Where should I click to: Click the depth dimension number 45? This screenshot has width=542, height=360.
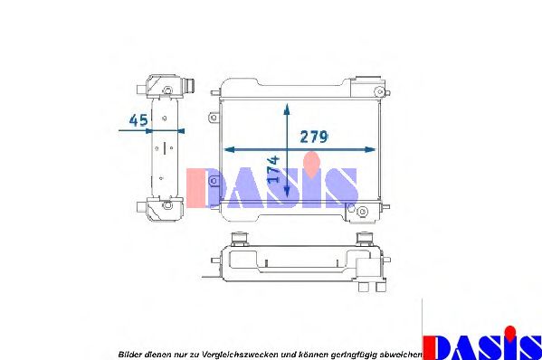click(x=138, y=119)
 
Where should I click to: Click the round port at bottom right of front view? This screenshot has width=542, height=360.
click(x=362, y=213)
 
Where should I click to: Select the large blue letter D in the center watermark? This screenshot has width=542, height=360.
click(x=206, y=188)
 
